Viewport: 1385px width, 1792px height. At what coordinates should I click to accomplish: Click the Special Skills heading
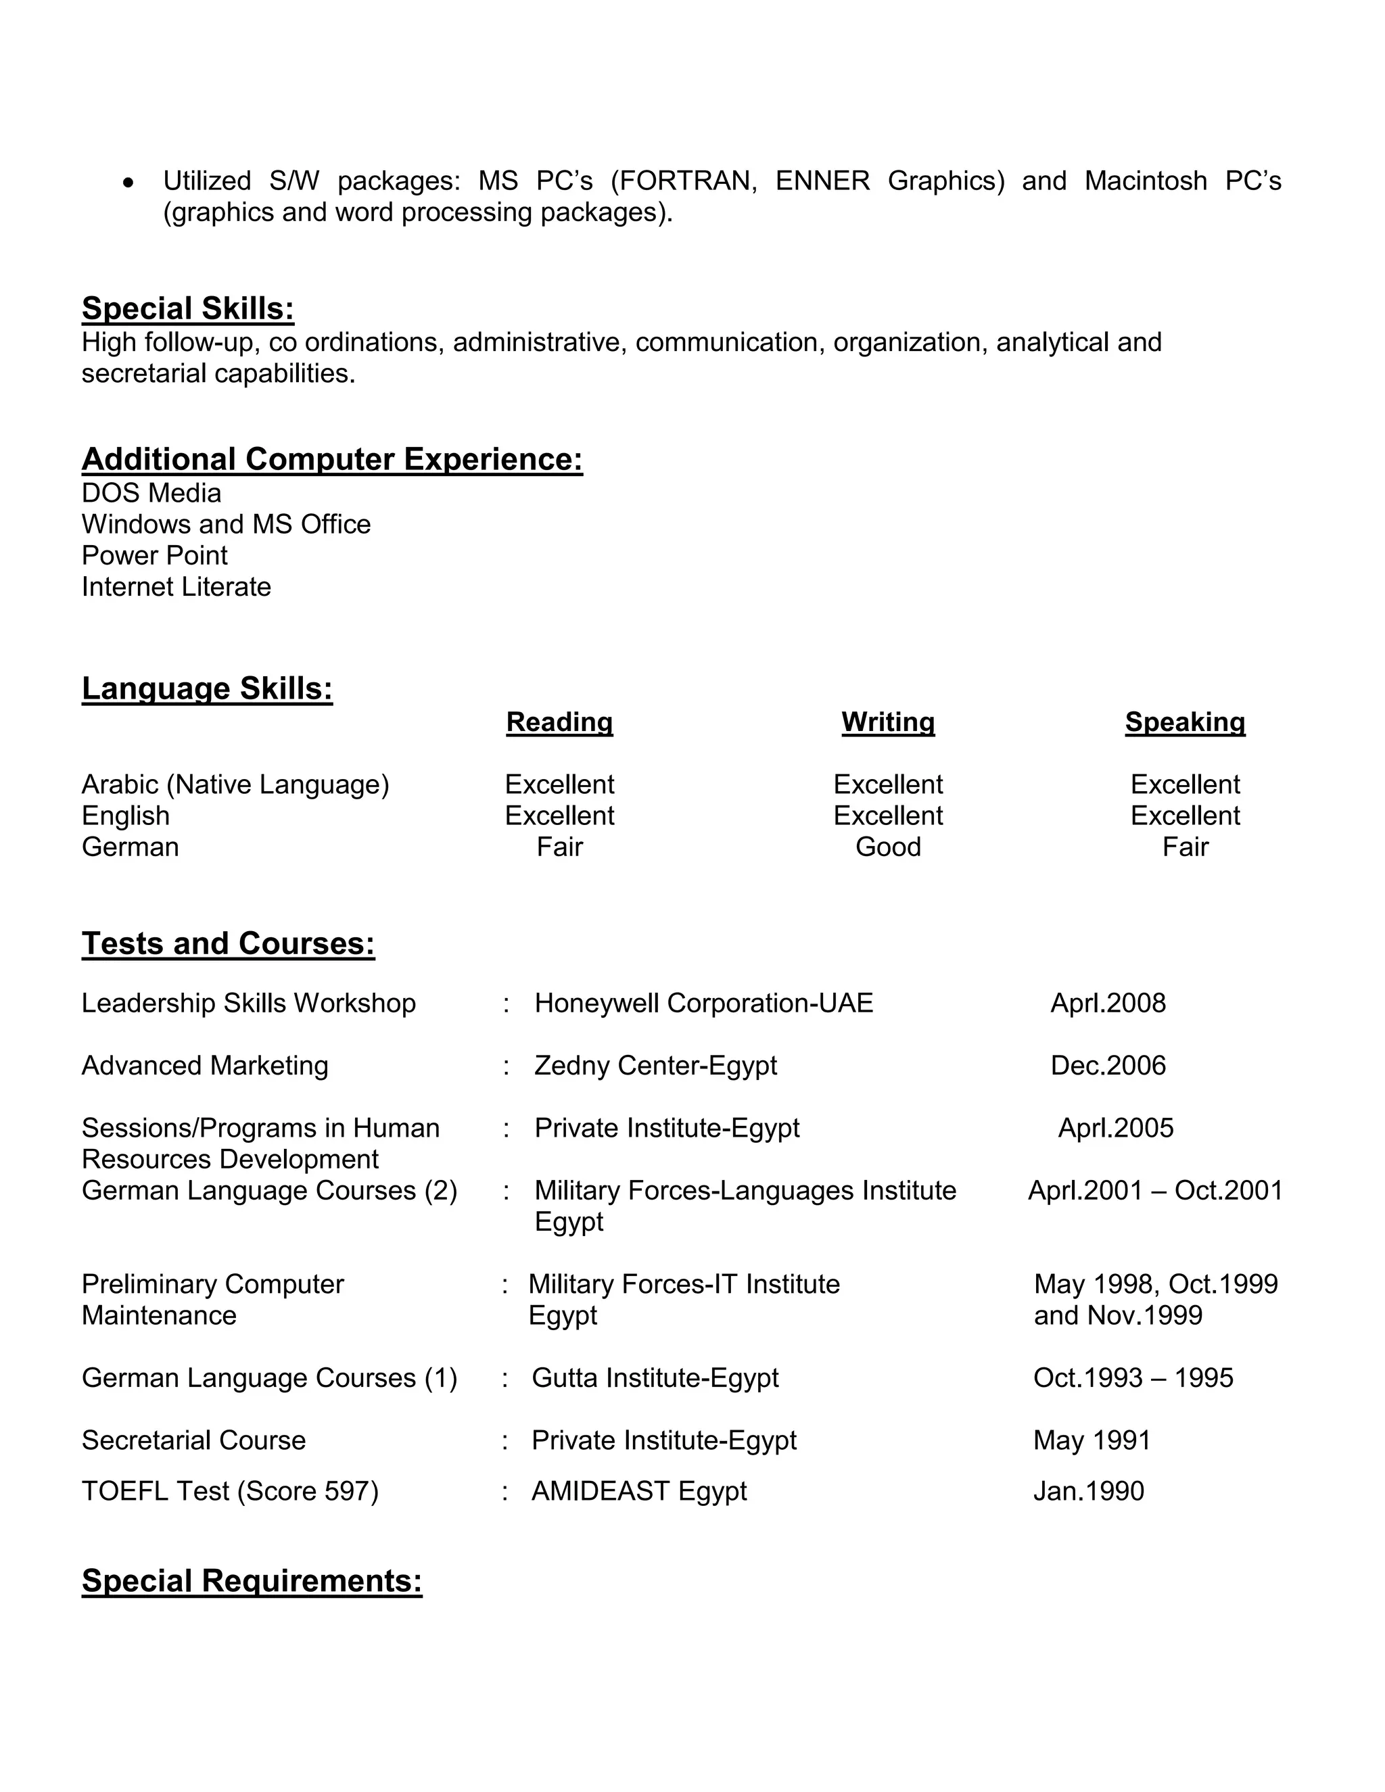(x=188, y=308)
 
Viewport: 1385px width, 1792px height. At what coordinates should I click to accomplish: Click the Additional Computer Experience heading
(x=332, y=458)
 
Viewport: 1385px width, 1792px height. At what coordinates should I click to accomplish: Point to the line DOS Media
(x=151, y=493)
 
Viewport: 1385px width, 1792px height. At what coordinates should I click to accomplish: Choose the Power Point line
(x=154, y=555)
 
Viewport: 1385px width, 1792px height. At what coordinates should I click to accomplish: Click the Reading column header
(x=559, y=722)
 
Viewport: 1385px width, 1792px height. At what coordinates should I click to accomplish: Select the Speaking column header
(x=1185, y=722)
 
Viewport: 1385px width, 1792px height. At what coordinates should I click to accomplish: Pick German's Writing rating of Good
(x=888, y=847)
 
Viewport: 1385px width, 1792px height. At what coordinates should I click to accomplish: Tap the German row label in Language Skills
(x=131, y=847)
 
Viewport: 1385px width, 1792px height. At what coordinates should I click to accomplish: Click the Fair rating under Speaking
(x=1185, y=847)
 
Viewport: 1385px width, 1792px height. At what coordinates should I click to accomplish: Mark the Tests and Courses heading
(x=228, y=943)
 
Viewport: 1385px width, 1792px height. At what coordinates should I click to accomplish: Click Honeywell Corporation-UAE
(x=703, y=1003)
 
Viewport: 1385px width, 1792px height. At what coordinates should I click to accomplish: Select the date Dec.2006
(x=1108, y=1065)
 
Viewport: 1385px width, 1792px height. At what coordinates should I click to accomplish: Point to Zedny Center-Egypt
(x=655, y=1065)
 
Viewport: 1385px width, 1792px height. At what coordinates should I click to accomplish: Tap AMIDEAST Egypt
(x=638, y=1491)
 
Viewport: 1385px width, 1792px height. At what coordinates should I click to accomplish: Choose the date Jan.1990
(x=1088, y=1491)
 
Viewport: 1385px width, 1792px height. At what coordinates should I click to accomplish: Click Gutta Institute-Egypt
(x=655, y=1377)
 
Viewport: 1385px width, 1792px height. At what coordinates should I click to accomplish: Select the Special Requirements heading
(x=252, y=1581)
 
